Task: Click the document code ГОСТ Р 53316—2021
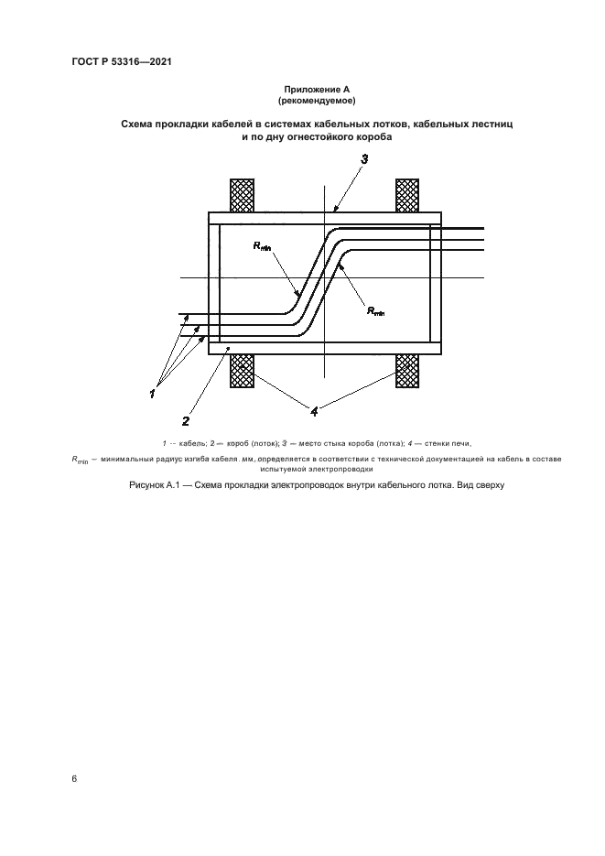coord(122,62)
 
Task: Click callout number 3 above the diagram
coord(364,159)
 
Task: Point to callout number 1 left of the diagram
coord(153,393)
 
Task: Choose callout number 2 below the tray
coord(186,421)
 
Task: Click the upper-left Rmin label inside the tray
coord(264,245)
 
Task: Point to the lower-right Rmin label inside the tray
coord(375,311)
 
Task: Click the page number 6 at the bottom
coord(74,778)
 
